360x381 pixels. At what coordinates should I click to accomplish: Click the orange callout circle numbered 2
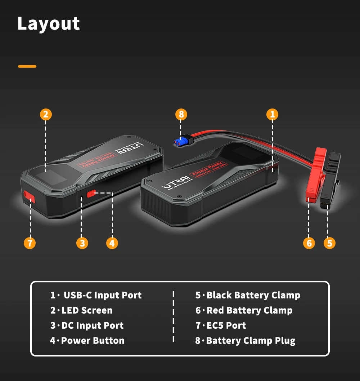(45, 115)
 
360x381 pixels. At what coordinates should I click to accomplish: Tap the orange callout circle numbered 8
(181, 115)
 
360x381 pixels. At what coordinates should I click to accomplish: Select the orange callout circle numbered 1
(272, 115)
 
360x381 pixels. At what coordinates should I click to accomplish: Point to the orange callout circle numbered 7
(30, 243)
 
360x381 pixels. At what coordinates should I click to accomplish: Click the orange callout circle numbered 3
(82, 243)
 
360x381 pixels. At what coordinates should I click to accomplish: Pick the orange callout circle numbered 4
(112, 243)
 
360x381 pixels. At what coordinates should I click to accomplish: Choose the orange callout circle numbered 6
(309, 243)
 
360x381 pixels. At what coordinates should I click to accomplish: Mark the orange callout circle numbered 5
(329, 243)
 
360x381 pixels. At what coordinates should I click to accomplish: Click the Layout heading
(49, 24)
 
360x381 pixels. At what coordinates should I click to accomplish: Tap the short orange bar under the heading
(27, 66)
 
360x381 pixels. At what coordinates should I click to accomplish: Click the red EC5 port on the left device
(30, 196)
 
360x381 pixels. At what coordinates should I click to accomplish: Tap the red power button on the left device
(92, 194)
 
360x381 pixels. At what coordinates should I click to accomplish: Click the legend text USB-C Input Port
(103, 295)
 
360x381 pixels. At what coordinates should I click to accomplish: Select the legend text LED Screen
(87, 310)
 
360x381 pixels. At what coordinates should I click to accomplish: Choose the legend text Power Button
(93, 341)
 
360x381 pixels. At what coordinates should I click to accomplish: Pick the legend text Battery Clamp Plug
(251, 341)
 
